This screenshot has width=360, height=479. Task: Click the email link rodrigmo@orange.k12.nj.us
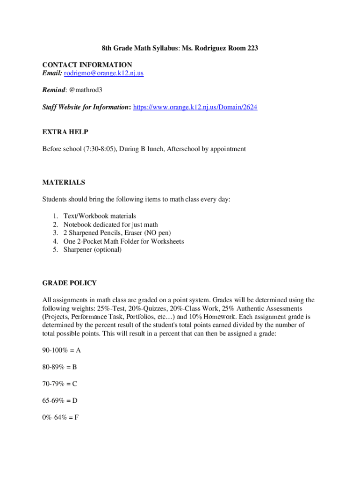coord(104,73)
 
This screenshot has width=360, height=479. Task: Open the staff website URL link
coord(195,107)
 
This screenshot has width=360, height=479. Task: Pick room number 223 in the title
coord(252,48)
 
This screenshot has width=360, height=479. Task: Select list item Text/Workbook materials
coord(100,216)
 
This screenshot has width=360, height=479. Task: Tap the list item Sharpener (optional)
coord(92,250)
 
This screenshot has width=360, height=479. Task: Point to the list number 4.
coord(55,241)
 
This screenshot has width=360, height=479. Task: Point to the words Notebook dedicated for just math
coord(111,225)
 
